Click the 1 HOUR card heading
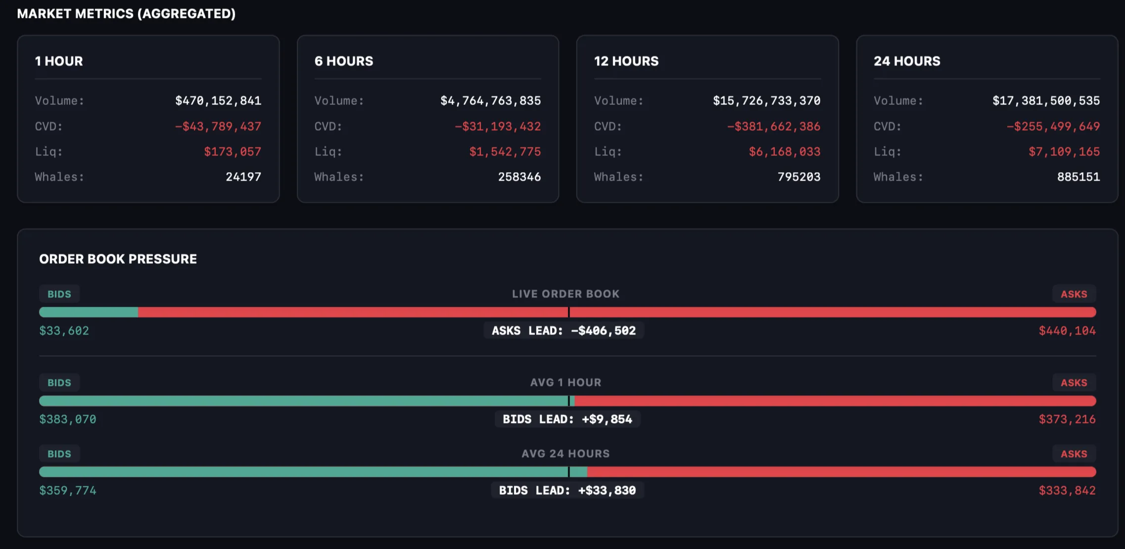(59, 61)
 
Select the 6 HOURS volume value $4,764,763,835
(490, 101)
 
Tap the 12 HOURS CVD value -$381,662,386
(773, 127)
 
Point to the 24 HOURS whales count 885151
(1078, 177)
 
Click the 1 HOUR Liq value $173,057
(233, 152)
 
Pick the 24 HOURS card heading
(907, 61)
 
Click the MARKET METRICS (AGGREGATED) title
(126, 14)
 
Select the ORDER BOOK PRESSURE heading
(118, 259)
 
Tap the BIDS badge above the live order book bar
(59, 294)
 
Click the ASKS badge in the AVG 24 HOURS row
(1074, 454)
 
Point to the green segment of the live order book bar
(89, 312)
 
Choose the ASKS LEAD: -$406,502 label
(563, 331)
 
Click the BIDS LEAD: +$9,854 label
(567, 419)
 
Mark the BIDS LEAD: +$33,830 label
(567, 491)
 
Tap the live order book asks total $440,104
(1067, 331)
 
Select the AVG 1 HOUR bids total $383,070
(68, 419)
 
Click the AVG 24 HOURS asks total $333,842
(1067, 491)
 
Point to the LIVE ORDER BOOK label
(565, 294)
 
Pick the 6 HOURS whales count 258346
(519, 177)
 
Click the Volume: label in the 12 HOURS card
(618, 101)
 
